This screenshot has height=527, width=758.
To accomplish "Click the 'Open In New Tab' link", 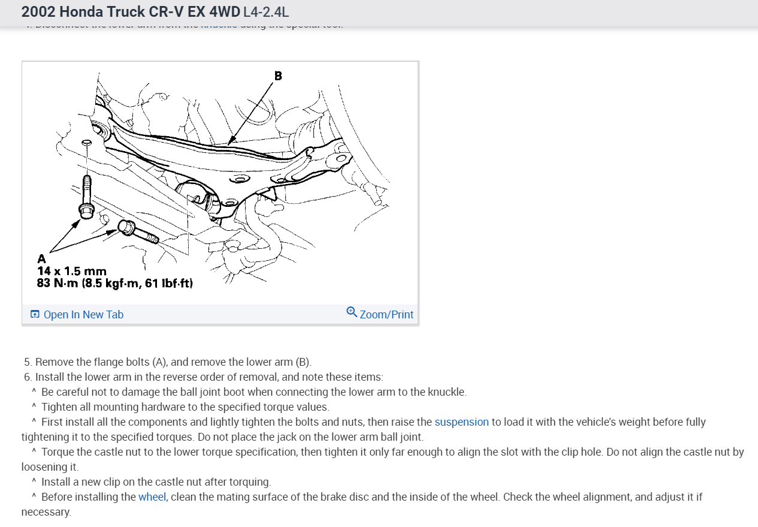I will [x=83, y=315].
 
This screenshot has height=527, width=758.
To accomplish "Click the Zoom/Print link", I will [x=386, y=315].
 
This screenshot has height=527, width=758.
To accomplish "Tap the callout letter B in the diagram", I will [x=278, y=76].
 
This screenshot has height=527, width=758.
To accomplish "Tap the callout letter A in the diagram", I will [x=41, y=259].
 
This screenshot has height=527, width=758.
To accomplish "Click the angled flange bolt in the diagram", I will [x=138, y=232].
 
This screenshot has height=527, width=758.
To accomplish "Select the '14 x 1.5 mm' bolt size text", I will [x=71, y=271].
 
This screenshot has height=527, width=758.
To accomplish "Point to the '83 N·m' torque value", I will [x=57, y=282].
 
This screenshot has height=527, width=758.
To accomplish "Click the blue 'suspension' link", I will [x=461, y=422].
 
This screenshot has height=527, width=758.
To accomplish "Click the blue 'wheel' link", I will [x=152, y=497].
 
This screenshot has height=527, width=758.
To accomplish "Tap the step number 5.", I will [x=28, y=362].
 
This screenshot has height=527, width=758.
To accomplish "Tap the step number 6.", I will [x=28, y=377].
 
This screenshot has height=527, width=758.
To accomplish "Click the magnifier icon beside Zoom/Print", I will [x=352, y=312].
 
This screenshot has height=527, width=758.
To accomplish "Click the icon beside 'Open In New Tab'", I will [x=35, y=315].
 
